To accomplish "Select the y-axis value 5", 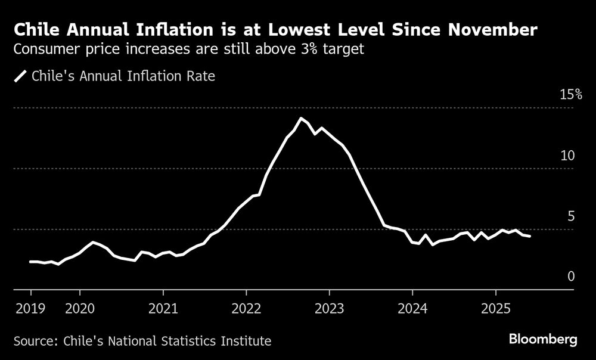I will (x=570, y=216).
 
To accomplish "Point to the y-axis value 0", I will (x=570, y=277).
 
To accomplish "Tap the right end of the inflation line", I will (x=529, y=237).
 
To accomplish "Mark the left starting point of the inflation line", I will (x=30, y=262).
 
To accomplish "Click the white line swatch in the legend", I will (x=21, y=77).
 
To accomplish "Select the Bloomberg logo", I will (x=543, y=340).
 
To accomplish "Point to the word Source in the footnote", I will (x=33, y=342).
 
